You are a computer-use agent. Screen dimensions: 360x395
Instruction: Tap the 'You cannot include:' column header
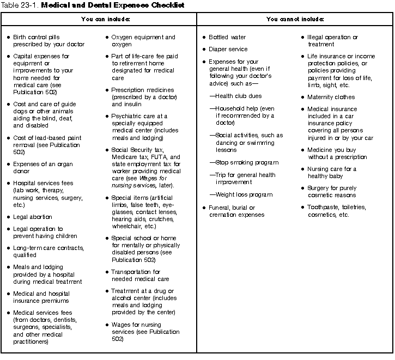pyautogui.click(x=295, y=19)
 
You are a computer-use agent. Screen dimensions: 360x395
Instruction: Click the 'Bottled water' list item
pyautogui.click(x=227, y=38)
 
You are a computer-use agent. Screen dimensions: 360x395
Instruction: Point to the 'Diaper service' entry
pyautogui.click(x=228, y=50)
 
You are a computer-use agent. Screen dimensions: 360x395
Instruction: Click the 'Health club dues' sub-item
pyautogui.click(x=235, y=96)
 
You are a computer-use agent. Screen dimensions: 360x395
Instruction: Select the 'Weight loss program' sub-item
pyautogui.click(x=241, y=194)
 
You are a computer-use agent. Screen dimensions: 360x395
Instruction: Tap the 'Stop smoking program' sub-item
pyautogui.click(x=242, y=163)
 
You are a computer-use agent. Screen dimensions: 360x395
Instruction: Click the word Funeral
pyautogui.click(x=220, y=208)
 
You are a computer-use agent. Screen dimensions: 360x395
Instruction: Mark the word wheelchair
pyautogui.click(x=126, y=226)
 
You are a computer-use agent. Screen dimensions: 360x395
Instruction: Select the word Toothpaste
pyautogui.click(x=324, y=208)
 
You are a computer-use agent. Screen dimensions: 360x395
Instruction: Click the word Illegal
pyautogui.click(x=317, y=38)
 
